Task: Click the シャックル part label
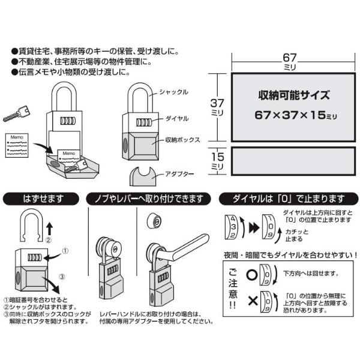coord(173,92)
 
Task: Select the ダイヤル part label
coord(177,118)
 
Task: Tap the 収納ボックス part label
coord(183,140)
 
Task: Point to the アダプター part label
coord(179,174)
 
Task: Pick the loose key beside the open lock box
coord(17,113)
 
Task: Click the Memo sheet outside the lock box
coord(17,145)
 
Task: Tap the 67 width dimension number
coord(290,58)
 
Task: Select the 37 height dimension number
coord(217,103)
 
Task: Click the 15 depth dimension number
coord(217,157)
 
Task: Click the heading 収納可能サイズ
coord(294,95)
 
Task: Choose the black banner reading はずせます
coord(41,199)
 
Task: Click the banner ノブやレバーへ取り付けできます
coord(148,199)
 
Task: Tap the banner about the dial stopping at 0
coord(289,199)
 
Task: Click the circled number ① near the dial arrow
coord(65,251)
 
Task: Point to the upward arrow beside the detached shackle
coord(50,229)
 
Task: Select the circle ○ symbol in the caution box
coord(252,275)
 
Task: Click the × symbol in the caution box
coord(253,301)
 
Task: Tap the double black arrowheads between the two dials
coord(254,228)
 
